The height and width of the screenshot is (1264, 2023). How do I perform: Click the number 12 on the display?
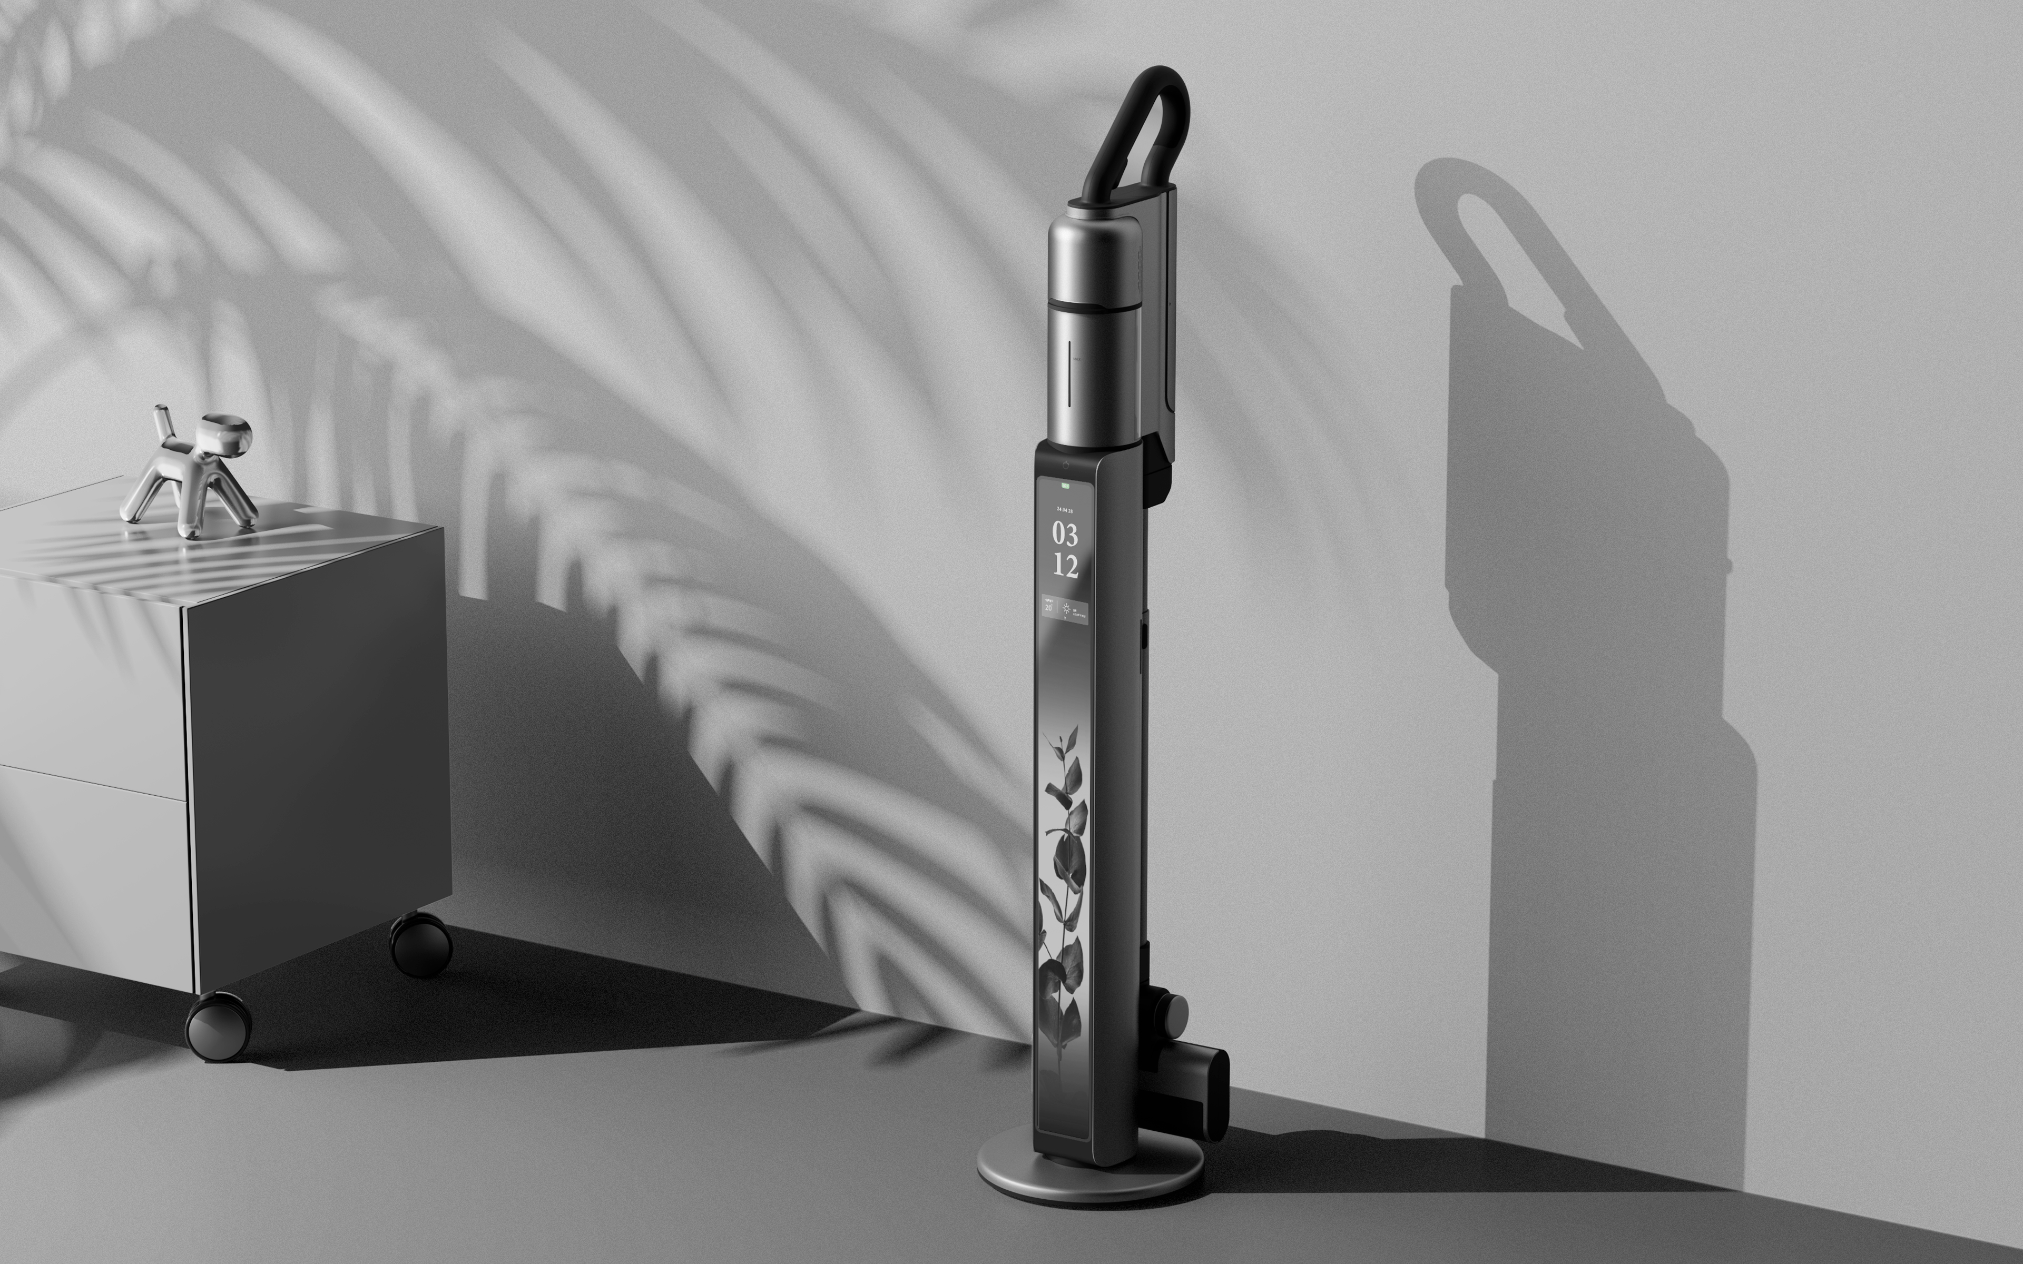pos(1065,566)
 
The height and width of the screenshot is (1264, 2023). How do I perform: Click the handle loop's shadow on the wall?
pos(1505,251)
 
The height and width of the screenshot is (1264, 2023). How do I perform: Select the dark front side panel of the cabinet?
pos(318,753)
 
